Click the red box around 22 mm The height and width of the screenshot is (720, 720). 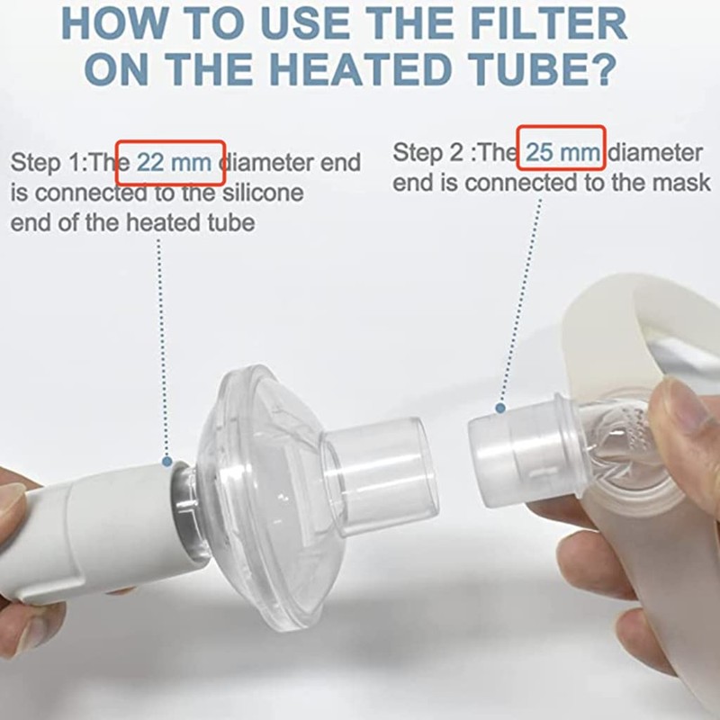click(171, 162)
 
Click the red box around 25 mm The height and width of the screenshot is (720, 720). click(564, 152)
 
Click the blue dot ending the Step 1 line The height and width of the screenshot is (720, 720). click(166, 462)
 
